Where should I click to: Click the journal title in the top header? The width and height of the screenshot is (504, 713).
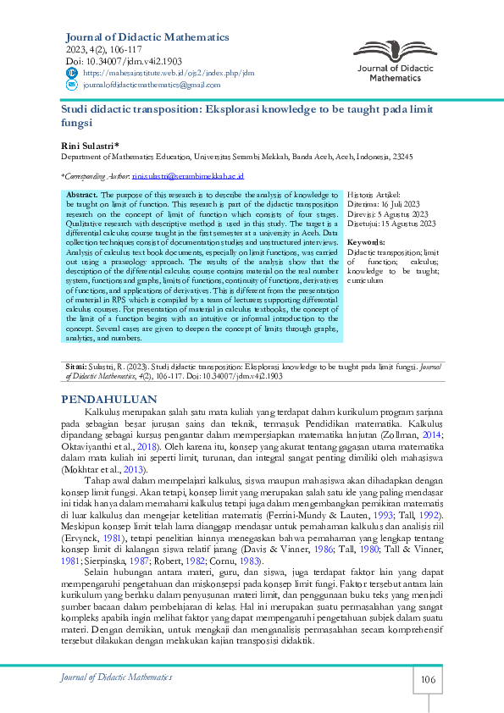pos(147,37)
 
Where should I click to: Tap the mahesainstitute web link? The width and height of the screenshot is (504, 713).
pos(169,74)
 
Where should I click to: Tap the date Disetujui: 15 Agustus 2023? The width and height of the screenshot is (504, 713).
pos(392,224)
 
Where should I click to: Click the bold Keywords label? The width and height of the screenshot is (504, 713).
pos(367,243)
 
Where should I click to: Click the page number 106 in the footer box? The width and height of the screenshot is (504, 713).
pos(427,680)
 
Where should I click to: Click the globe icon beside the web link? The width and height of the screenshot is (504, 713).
pos(71,74)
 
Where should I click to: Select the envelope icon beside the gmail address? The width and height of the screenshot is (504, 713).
pos(71,86)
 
